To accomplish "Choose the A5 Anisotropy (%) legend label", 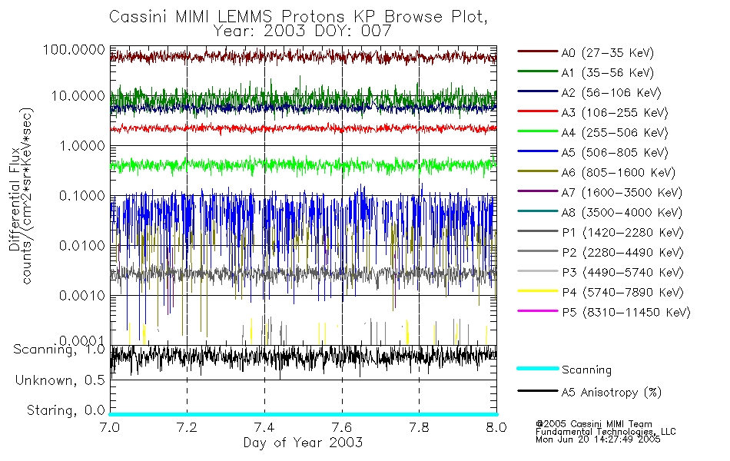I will (611, 393).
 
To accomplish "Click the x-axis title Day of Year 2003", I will (303, 443).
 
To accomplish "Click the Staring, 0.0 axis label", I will (65, 410).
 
